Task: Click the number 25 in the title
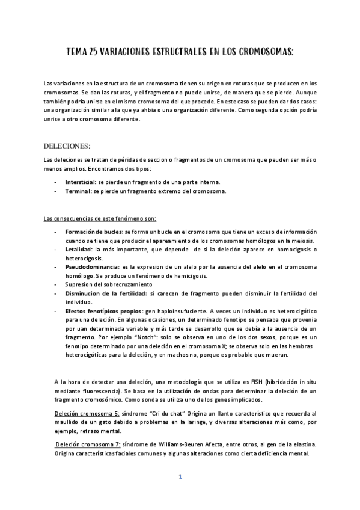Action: click(x=93, y=54)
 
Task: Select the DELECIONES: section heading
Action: click(x=67, y=146)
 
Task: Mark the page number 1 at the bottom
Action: click(x=180, y=477)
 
